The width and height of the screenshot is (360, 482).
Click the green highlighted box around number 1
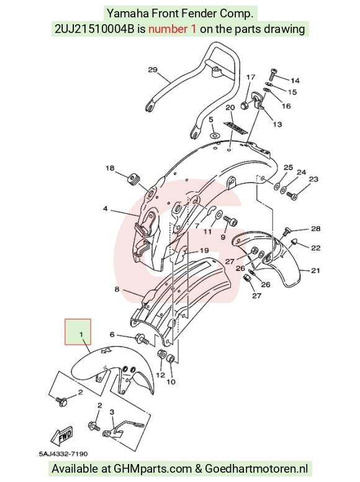pyautogui.click(x=78, y=332)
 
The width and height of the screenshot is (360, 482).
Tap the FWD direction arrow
pyautogui.click(x=62, y=437)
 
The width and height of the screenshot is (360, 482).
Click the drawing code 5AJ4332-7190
pyautogui.click(x=63, y=454)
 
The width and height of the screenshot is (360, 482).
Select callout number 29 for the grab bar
pyautogui.click(x=153, y=70)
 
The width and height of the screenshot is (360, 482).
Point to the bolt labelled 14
pyautogui.click(x=273, y=75)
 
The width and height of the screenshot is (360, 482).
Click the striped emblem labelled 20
pyautogui.click(x=236, y=127)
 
